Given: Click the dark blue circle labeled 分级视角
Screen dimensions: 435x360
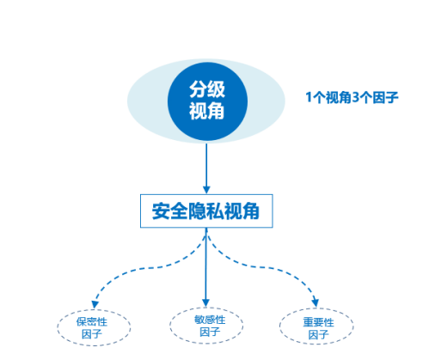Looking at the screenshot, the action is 207,101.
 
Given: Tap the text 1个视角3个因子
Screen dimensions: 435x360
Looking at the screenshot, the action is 352,97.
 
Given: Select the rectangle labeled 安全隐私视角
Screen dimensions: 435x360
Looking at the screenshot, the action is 206,211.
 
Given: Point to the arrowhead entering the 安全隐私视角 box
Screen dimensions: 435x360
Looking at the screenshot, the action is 206,190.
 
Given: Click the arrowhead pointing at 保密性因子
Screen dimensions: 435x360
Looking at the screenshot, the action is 95,304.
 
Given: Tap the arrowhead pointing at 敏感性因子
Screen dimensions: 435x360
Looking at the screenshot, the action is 205,303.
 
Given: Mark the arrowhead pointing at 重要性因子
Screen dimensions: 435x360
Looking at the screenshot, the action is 316,302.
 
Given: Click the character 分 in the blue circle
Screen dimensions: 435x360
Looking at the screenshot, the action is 198,89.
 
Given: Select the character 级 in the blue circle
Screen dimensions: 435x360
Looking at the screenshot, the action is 216,89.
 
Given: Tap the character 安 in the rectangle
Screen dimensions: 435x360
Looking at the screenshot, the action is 161,211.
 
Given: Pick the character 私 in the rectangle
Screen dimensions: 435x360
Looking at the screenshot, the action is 214,211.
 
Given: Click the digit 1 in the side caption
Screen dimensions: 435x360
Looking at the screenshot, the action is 309,97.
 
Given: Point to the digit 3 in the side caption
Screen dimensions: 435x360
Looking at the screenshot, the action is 355,97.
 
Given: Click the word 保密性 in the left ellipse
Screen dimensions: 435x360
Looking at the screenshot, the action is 92,322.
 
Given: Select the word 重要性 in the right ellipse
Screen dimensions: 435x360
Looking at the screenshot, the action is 318,322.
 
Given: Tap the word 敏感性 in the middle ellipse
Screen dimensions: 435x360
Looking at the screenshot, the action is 210,320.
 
